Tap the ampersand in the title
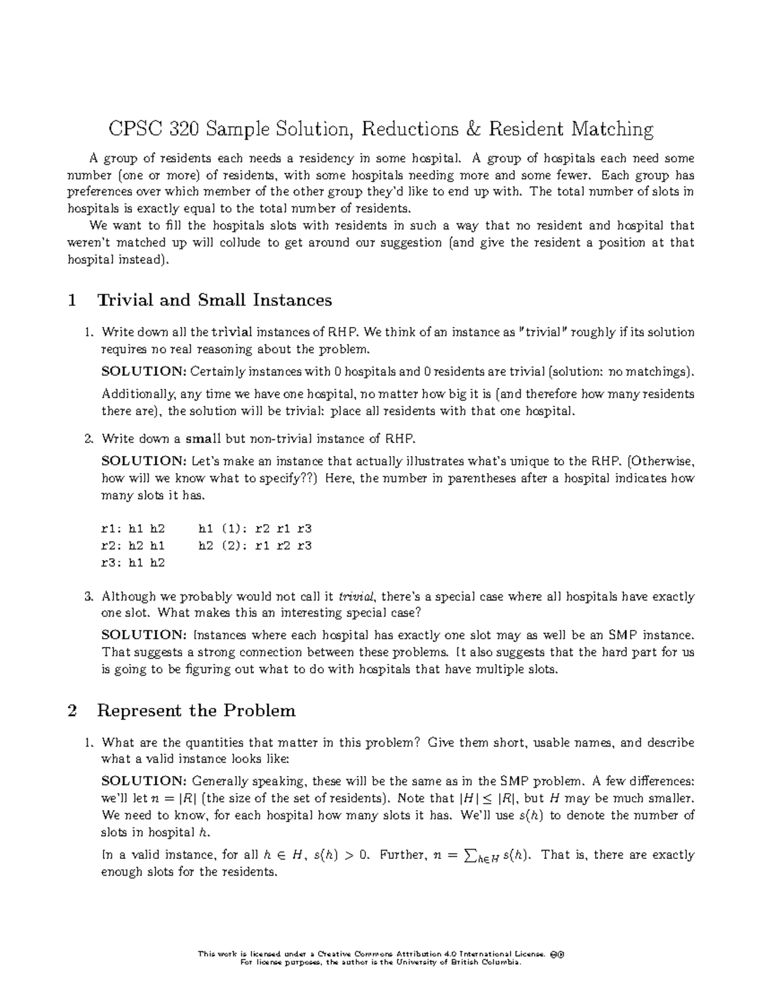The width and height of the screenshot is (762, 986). tap(473, 130)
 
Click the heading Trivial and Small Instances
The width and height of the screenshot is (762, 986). tap(214, 300)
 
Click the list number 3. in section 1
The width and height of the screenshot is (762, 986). tap(89, 597)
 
